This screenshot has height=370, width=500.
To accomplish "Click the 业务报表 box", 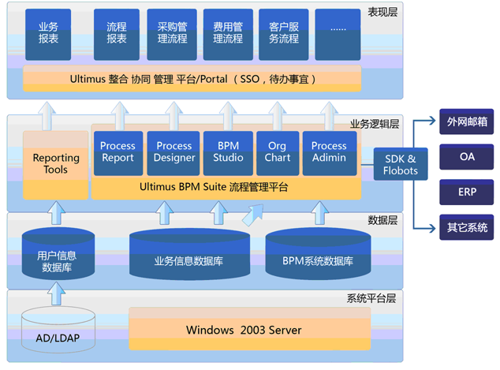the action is pyautogui.click(x=48, y=35).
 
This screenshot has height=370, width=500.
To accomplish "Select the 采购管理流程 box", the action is pyautogui.click(x=172, y=35).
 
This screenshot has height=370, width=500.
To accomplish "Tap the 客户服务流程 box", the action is pyautogui.click(x=283, y=35).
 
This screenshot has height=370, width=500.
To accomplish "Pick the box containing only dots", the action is pyautogui.click(x=338, y=35).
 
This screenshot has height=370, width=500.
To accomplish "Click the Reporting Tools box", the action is pyautogui.click(x=56, y=165).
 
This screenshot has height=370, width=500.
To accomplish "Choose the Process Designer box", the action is pyautogui.click(x=174, y=153).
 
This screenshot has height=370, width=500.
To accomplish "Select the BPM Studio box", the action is pyautogui.click(x=228, y=153).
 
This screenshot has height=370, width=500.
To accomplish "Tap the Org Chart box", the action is pyautogui.click(x=278, y=153).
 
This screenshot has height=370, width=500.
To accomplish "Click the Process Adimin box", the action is pyautogui.click(x=330, y=153).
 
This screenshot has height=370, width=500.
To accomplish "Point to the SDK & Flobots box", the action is pyautogui.click(x=401, y=164).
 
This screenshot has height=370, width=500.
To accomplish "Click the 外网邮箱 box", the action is pyautogui.click(x=467, y=121).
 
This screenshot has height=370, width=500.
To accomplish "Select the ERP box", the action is pyautogui.click(x=467, y=192).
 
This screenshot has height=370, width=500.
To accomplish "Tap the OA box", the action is pyautogui.click(x=467, y=157).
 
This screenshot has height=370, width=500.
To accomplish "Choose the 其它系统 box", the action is pyautogui.click(x=467, y=227).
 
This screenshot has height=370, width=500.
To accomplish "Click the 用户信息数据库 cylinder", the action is pyautogui.click(x=58, y=253).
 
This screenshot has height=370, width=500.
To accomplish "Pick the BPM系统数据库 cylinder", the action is pyautogui.click(x=318, y=254).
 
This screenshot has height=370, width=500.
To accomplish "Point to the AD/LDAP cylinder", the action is pyautogui.click(x=58, y=330).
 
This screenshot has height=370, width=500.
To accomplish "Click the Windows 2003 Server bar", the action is pyautogui.click(x=250, y=329).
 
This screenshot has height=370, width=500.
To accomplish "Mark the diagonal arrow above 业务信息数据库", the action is pyautogui.click(x=253, y=215).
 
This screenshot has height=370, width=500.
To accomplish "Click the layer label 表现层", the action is pyautogui.click(x=382, y=12).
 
